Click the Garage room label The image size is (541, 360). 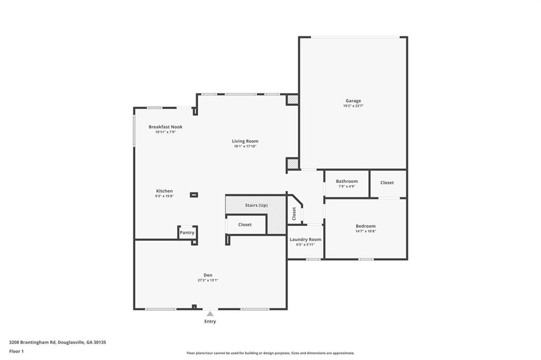353,101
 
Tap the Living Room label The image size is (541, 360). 245,141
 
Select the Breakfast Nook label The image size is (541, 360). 165,127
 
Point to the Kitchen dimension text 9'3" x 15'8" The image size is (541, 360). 164,196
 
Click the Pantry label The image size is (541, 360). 187,233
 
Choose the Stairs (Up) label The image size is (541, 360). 256,205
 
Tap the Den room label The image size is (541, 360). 208,275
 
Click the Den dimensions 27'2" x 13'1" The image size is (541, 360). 208,280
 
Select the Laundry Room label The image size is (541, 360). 305,239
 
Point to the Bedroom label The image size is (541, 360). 366,226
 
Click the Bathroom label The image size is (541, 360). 347,182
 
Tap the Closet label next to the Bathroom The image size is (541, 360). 387,183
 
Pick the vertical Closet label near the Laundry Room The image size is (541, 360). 294,214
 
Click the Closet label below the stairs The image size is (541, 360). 245,224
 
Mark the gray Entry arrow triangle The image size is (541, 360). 210,314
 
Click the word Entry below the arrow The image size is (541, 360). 210,321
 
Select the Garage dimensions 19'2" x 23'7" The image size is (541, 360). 353,106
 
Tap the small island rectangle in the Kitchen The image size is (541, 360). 194,195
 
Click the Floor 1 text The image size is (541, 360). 16,352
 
